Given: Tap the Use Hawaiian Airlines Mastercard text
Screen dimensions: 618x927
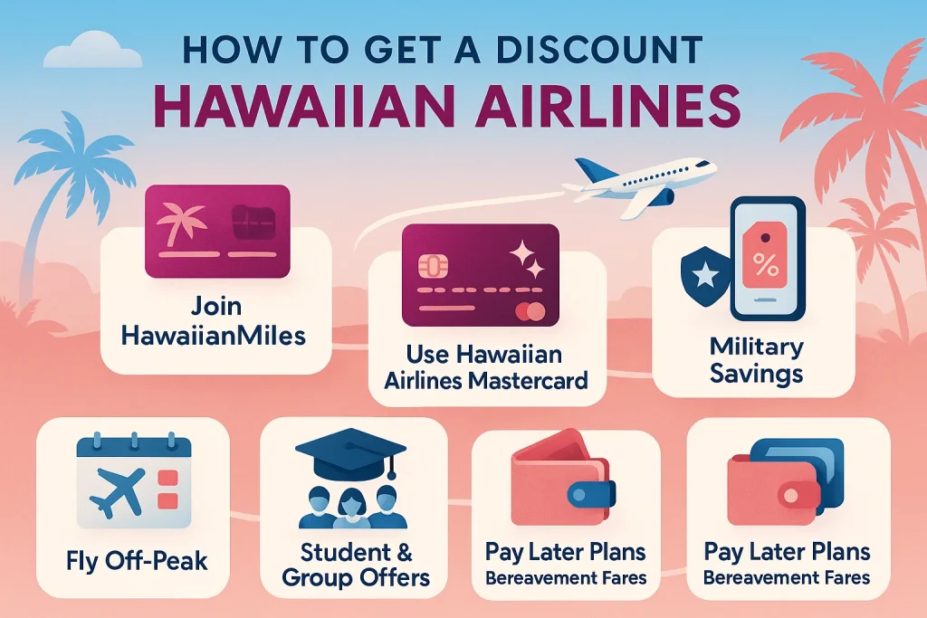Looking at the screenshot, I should click(486, 366).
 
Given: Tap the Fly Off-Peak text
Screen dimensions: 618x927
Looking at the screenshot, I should click(136, 560).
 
